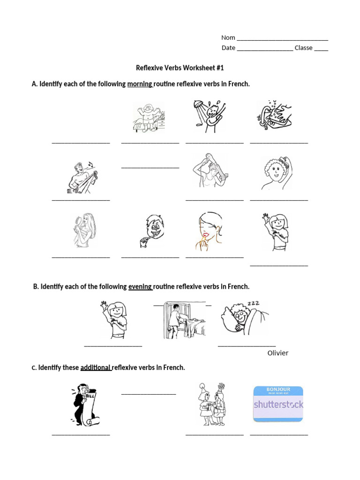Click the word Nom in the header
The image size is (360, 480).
[228, 37]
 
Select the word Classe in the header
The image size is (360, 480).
[303, 48]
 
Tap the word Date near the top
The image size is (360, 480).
[228, 48]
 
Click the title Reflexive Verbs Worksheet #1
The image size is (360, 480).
[180, 68]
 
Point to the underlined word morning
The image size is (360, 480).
[140, 84]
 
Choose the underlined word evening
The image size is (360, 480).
[140, 286]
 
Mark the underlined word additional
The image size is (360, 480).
[96, 367]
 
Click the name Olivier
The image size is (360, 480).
[278, 353]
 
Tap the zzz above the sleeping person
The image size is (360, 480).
[253, 304]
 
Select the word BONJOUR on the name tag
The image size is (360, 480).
[278, 390]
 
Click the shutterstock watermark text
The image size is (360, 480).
[278, 404]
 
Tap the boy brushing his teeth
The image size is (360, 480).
[150, 231]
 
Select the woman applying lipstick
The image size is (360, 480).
[209, 231]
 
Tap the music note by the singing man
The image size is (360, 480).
[90, 164]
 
